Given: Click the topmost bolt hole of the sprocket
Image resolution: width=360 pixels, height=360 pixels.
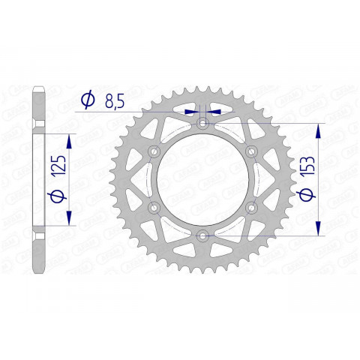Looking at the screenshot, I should click(202, 124).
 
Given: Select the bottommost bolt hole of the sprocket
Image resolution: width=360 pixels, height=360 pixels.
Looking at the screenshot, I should click(202, 236).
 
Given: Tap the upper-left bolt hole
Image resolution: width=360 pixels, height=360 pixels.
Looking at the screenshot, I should click(154, 152).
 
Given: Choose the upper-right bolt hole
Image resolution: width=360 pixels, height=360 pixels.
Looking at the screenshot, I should click(250, 152).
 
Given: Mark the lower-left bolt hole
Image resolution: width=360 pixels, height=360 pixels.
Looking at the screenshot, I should click(154, 208).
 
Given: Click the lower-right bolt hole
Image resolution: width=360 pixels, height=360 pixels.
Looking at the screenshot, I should click(250, 208).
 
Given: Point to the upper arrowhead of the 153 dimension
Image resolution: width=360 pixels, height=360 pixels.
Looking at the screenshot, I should click(320, 129).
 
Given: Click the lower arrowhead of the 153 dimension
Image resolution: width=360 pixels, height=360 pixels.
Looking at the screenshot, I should click(320, 230).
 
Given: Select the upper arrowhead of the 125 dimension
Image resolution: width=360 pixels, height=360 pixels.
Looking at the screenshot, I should click(70, 139).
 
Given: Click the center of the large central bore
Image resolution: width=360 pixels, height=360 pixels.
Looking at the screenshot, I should click(202, 180).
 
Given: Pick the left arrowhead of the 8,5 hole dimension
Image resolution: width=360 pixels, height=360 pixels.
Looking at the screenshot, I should click(193, 111).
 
